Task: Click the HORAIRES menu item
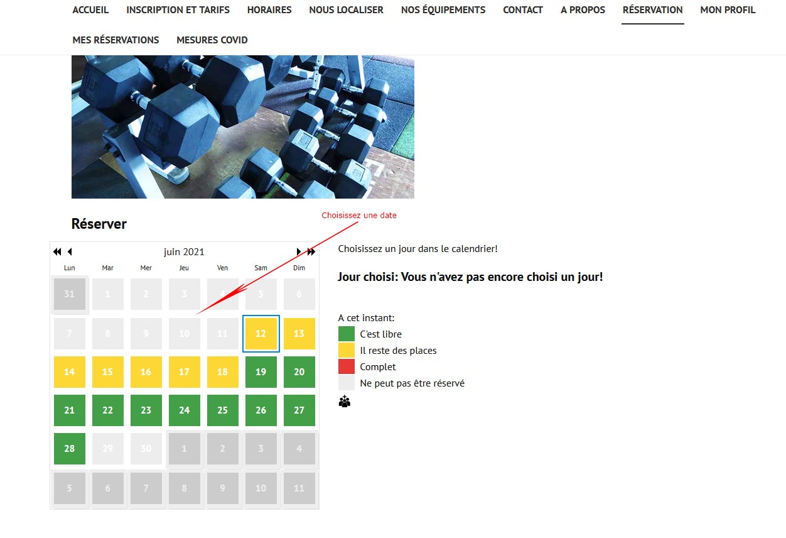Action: (x=269, y=10)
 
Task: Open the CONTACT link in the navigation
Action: (x=523, y=10)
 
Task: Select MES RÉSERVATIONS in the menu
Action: (x=116, y=40)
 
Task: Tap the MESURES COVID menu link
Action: (x=212, y=40)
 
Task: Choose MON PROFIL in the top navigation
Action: (x=728, y=10)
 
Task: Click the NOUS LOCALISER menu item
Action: (x=346, y=10)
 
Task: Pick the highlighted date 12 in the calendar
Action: (x=261, y=333)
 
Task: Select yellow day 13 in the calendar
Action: (x=299, y=333)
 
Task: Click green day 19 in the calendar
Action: (x=261, y=372)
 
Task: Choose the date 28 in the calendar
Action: (x=70, y=449)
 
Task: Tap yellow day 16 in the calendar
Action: (x=146, y=372)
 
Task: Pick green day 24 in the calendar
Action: (x=184, y=410)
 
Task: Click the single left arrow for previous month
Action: (x=70, y=252)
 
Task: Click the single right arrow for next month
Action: (x=299, y=252)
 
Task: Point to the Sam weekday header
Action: (x=261, y=268)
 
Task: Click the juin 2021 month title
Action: (x=184, y=252)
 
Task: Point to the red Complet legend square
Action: (x=347, y=366)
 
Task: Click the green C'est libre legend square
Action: (x=347, y=334)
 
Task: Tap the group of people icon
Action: (x=345, y=401)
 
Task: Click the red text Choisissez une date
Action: (x=359, y=216)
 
